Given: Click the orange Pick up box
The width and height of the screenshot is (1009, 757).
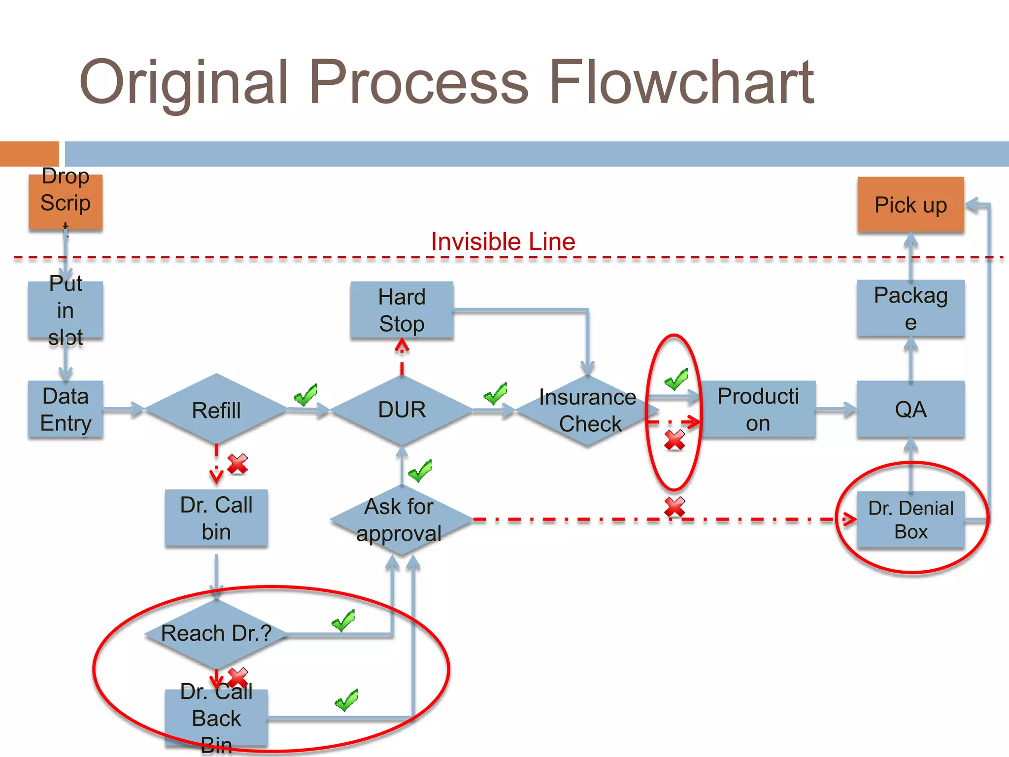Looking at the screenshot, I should click(910, 205).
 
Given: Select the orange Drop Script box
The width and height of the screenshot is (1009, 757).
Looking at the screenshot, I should click(66, 203).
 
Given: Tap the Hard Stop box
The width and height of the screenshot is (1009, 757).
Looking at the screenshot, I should click(402, 310).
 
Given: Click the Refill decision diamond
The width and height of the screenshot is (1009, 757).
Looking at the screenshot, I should click(216, 410).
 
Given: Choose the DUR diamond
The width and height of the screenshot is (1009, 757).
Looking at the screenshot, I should click(402, 410).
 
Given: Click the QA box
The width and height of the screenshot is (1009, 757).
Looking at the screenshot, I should click(910, 410).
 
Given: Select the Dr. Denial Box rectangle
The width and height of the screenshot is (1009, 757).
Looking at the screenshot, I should click(910, 520).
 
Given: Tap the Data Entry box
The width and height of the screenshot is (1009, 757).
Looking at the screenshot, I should click(66, 410).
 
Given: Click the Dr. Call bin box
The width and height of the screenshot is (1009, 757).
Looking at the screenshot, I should click(216, 518).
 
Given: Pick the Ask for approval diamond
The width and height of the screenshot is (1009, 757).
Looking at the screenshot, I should click(401, 520).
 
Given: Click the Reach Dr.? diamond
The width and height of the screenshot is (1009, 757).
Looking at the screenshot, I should click(216, 633).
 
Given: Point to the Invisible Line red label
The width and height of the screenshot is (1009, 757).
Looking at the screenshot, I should click(503, 241).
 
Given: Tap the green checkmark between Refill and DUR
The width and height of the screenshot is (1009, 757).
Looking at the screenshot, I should click(305, 395).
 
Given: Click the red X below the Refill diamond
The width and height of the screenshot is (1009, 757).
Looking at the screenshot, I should click(237, 464).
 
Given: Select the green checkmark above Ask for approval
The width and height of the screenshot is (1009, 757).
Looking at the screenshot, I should click(420, 471).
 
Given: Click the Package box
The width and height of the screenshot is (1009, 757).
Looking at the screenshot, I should click(910, 309).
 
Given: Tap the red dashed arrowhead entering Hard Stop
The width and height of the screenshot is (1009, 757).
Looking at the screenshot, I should click(402, 346).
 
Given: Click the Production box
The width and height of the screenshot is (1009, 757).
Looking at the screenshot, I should click(758, 410).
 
